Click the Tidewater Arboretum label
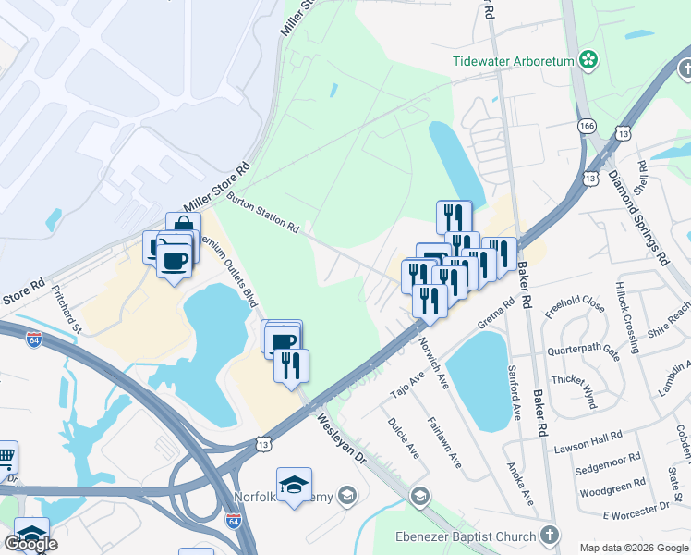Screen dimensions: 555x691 pyautogui.click(x=514, y=62)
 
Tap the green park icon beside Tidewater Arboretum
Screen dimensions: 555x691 pyautogui.click(x=588, y=62)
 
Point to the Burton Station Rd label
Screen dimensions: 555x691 pyautogui.click(x=263, y=214)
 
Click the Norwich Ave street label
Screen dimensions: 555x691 pyautogui.click(x=433, y=362)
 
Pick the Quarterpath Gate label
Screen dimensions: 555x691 pyautogui.click(x=583, y=351)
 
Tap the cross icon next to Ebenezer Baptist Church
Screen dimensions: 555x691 pyautogui.click(x=550, y=536)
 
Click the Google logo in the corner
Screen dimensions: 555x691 pyautogui.click(x=30, y=544)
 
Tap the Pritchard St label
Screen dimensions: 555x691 pyautogui.click(x=67, y=315)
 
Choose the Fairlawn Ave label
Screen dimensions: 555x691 pyautogui.click(x=444, y=444)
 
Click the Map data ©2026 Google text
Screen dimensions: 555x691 pyautogui.click(x=633, y=548)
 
